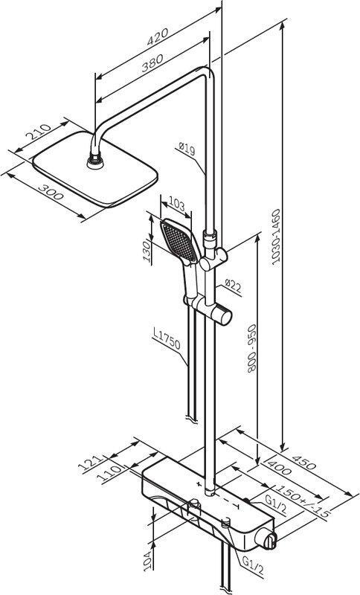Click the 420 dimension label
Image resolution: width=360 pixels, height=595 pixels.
pos(158,36)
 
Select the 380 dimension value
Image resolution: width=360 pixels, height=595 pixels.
pos(152,63)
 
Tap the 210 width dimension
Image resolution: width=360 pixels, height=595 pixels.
pos(38,132)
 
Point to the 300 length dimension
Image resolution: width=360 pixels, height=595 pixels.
pos(51,192)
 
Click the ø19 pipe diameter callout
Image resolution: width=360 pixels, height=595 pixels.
pos(187,148)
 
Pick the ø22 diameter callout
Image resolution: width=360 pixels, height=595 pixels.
pos(233,286)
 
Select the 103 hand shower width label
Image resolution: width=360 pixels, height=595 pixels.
pos(176,205)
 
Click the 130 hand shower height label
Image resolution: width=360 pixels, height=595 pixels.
pos(147,251)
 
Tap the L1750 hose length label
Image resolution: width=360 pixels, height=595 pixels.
pos(167,339)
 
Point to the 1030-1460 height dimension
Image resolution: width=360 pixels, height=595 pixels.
pos(277,237)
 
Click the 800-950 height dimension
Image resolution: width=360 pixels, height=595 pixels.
pos(251,348)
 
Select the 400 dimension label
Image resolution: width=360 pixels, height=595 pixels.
pos(279,466)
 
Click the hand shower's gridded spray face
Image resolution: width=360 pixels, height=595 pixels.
pos(179,241)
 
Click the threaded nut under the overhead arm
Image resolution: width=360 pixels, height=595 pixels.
pos(95,161)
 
